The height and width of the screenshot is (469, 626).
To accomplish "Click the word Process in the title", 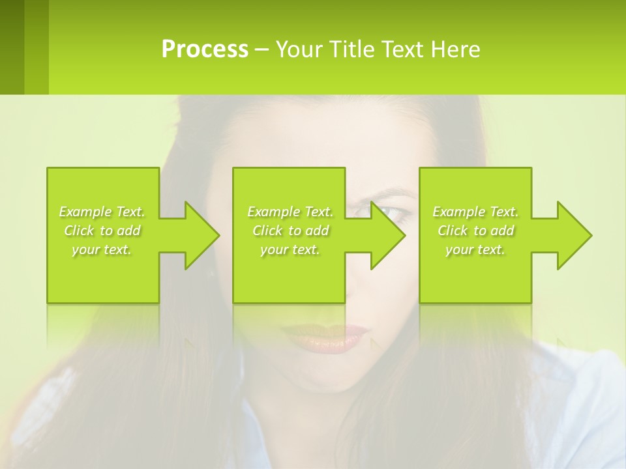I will click(x=205, y=50).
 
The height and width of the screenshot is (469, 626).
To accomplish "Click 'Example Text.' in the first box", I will click(x=102, y=212).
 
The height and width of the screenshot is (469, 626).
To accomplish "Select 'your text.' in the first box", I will click(x=102, y=249).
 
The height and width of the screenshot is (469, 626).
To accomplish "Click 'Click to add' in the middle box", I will click(x=290, y=231).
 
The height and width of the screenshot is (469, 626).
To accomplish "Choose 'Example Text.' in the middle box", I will click(x=290, y=212).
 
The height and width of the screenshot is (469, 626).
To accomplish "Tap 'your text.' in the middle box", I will click(x=290, y=249).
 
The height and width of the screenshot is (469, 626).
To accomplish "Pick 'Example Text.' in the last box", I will click(x=475, y=212).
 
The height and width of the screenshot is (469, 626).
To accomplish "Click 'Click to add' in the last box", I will click(x=475, y=231).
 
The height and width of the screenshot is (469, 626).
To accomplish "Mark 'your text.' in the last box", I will click(x=475, y=249).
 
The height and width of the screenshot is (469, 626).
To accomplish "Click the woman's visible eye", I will click(x=390, y=212).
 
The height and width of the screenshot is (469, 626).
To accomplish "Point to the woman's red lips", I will click(x=326, y=337).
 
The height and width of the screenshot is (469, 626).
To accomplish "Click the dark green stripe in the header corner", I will click(x=12, y=47).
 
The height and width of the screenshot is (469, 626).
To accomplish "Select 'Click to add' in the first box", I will click(x=102, y=231).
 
